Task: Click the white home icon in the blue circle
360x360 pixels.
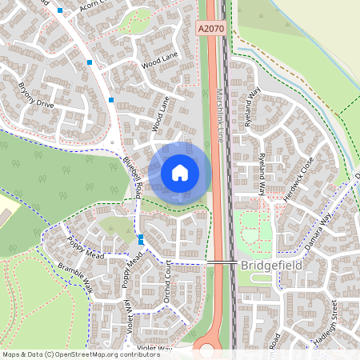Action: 180,172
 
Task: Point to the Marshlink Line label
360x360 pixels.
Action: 218,113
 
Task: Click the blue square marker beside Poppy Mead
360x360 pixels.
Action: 141,238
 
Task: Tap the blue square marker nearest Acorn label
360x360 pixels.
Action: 61,11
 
